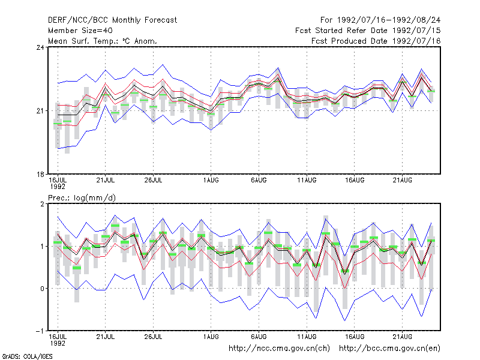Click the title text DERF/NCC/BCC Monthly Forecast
(x=112, y=20)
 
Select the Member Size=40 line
(x=80, y=31)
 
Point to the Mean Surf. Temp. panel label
(x=103, y=41)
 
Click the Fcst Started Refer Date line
(x=368, y=31)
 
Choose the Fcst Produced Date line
(x=376, y=41)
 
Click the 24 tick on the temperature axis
(x=40, y=47)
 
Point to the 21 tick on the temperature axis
(x=40, y=111)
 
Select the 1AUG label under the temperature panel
(x=211, y=181)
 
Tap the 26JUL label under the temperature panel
(x=154, y=181)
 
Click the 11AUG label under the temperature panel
(x=307, y=181)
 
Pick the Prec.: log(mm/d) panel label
(x=82, y=198)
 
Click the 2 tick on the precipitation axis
(x=42, y=204)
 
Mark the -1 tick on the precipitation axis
(x=40, y=331)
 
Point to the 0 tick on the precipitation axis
(x=42, y=289)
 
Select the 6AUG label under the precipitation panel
(x=259, y=337)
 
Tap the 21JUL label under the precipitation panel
(x=106, y=337)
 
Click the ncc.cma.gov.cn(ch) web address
(x=280, y=349)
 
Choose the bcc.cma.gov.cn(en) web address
(x=389, y=349)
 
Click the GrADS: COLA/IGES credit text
(x=27, y=356)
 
